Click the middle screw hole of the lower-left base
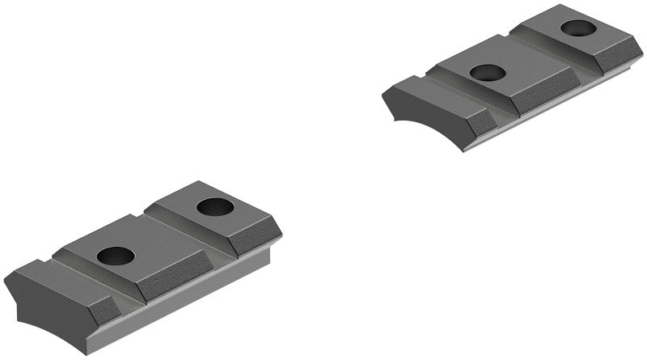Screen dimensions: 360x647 [x=116, y=255]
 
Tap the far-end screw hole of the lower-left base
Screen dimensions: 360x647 [x=215, y=206]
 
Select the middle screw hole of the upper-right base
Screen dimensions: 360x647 [x=488, y=73]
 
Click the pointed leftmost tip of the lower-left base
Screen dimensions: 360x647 [x=6, y=279]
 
